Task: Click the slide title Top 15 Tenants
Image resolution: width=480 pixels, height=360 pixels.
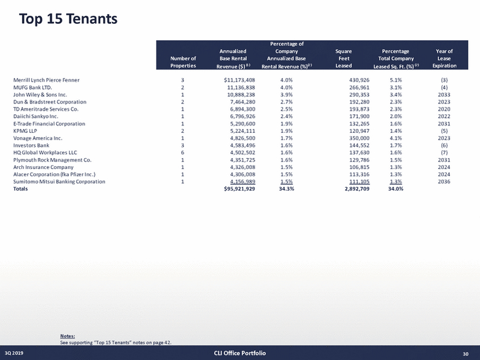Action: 68,19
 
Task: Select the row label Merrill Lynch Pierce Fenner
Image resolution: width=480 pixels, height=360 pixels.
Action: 46,80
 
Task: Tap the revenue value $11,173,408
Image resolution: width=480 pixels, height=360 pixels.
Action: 239,80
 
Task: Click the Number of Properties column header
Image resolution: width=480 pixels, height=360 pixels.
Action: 184,62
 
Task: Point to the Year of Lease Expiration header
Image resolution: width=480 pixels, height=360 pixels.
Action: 444,59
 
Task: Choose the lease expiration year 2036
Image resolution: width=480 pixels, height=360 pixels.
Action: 444,181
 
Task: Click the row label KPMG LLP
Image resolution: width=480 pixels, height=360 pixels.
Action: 26,131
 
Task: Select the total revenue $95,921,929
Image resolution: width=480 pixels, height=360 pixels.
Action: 239,189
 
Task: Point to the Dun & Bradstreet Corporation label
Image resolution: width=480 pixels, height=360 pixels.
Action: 50,102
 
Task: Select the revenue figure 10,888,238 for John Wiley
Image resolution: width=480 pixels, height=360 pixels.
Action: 241,94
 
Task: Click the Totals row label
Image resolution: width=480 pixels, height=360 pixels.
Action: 22,189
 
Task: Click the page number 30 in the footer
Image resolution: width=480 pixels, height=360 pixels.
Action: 466,354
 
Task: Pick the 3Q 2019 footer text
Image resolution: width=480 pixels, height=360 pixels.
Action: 16,354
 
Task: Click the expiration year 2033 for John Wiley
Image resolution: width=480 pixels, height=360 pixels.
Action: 444,94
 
